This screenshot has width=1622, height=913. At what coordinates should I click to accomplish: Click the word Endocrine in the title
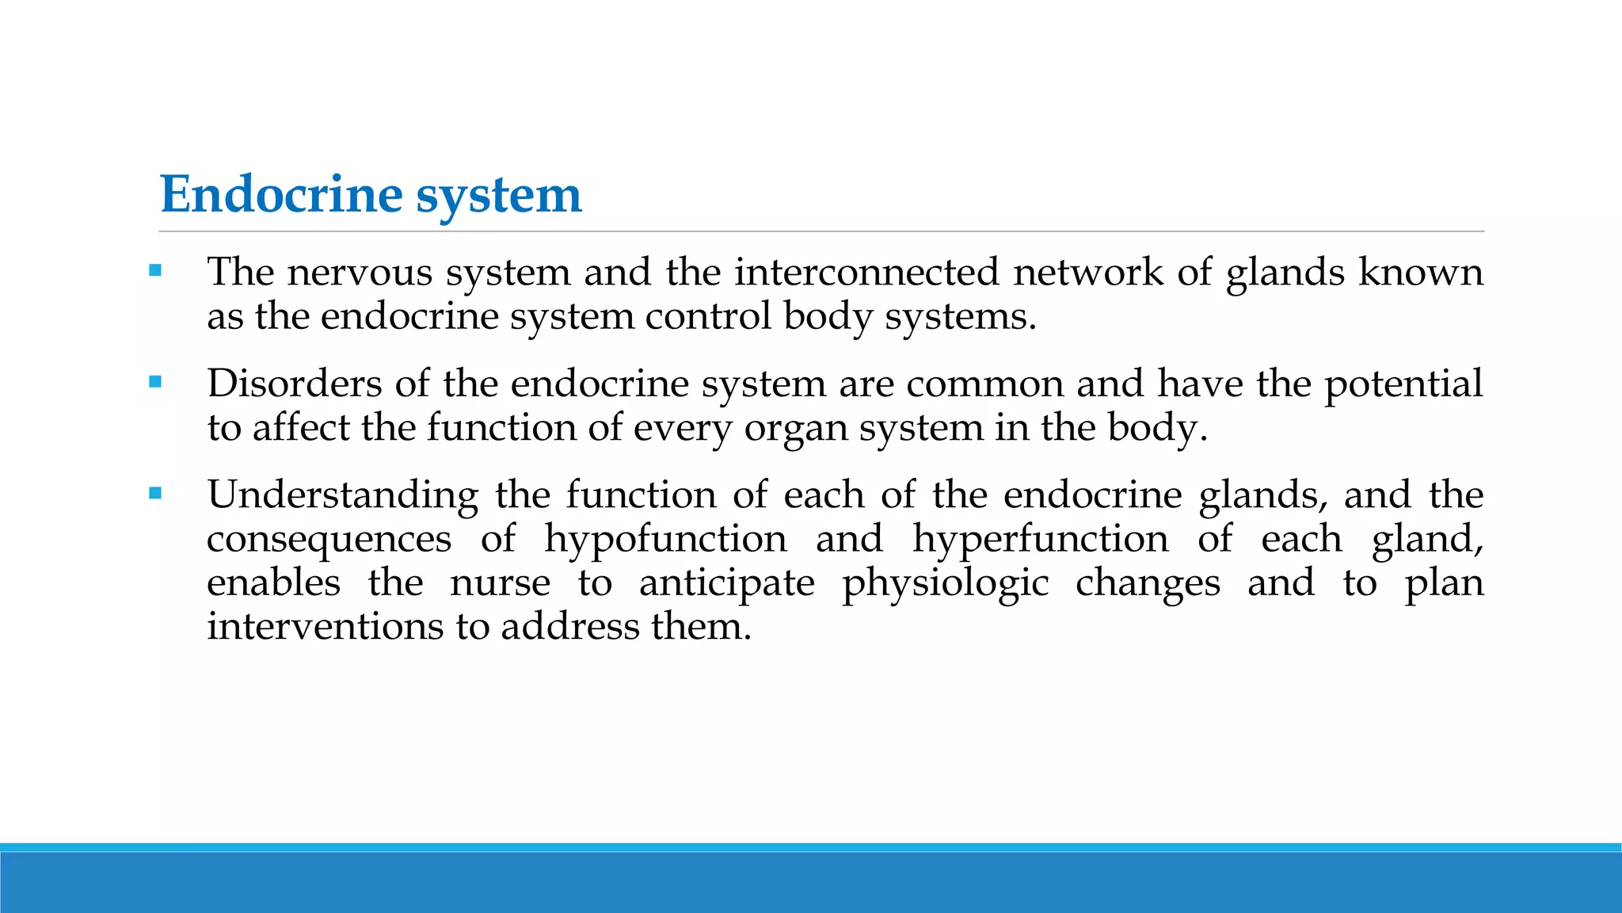pyautogui.click(x=281, y=195)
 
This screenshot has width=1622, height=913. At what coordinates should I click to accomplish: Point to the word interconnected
pyautogui.click(x=866, y=273)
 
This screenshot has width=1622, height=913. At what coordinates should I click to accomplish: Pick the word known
pyautogui.click(x=1421, y=273)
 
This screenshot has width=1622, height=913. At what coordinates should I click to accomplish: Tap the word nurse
pyautogui.click(x=500, y=584)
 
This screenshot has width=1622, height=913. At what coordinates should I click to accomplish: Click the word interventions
pyautogui.click(x=325, y=627)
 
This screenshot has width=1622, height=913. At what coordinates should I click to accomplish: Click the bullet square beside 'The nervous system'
pyautogui.click(x=155, y=271)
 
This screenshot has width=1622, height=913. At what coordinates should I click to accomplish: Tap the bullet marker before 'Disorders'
pyautogui.click(x=155, y=382)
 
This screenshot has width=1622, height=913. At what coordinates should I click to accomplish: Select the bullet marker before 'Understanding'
pyautogui.click(x=155, y=494)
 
